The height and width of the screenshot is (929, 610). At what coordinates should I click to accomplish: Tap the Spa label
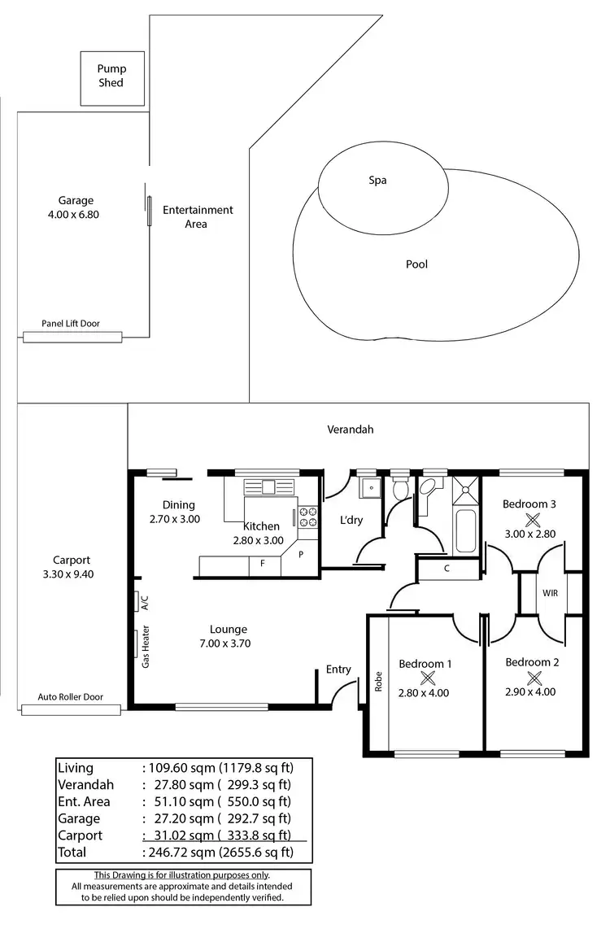[377, 181]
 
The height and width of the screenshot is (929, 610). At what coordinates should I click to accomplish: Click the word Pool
[416, 264]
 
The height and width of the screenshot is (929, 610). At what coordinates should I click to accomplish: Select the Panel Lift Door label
[71, 324]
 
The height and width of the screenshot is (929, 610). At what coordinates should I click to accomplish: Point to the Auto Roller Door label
[71, 697]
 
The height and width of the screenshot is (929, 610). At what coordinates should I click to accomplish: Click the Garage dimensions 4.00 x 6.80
[75, 215]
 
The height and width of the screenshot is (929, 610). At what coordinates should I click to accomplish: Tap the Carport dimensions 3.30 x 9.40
[72, 574]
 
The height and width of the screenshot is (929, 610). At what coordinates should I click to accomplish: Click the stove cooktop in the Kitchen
[307, 518]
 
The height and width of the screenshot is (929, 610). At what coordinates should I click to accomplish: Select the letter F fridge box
[263, 563]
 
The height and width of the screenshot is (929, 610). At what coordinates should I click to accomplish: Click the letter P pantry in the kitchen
[300, 554]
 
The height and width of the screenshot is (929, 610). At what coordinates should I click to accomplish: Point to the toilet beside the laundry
[399, 491]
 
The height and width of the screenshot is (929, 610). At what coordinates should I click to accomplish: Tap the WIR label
[550, 593]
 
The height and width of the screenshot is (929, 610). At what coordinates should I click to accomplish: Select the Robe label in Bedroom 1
[379, 681]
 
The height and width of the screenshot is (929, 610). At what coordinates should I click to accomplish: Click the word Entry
[338, 669]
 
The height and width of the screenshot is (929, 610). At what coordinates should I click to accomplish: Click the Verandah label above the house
[351, 430]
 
